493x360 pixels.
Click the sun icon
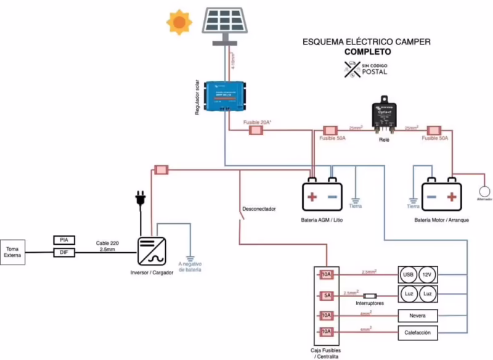click(x=179, y=23)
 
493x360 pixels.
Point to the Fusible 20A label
click(x=257, y=123)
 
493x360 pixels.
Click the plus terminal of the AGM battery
click(x=312, y=197)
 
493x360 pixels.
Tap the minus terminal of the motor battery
click(x=431, y=197)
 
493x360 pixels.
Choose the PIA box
click(x=63, y=240)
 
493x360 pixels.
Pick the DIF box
click(x=63, y=252)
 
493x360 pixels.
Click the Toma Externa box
click(x=13, y=252)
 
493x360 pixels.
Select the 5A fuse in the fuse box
click(x=327, y=295)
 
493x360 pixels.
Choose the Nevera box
click(x=418, y=316)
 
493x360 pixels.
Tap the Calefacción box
click(x=418, y=333)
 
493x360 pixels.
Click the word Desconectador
click(x=259, y=209)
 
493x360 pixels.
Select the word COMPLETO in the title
click(x=367, y=52)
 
